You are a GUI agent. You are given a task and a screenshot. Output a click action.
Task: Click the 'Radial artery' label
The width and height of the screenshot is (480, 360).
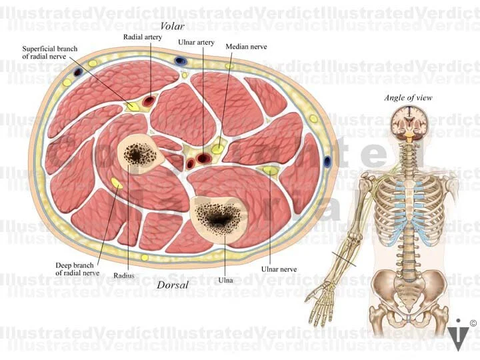tap(143, 37)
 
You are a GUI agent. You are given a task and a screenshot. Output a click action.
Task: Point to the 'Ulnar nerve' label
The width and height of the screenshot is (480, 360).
tap(279, 269)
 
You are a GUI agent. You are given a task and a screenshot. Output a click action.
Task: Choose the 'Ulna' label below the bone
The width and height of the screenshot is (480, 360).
tap(225, 281)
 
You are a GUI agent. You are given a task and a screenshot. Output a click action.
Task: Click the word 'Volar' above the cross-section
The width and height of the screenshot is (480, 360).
tap(173, 26)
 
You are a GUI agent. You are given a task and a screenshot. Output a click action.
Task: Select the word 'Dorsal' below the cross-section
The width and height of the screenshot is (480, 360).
tap(173, 285)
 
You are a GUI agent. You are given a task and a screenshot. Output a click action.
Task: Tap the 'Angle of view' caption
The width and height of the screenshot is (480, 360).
tap(408, 98)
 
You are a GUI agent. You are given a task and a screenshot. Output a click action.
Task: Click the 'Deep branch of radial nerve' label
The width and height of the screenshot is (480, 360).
tap(77, 269)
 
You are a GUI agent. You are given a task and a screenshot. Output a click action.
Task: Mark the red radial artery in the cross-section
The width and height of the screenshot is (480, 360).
tap(149, 102)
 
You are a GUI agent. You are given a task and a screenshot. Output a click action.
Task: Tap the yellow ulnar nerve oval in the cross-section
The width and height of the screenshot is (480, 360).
tap(270, 171)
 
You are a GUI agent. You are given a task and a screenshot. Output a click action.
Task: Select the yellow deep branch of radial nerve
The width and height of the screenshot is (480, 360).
tap(117, 183)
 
